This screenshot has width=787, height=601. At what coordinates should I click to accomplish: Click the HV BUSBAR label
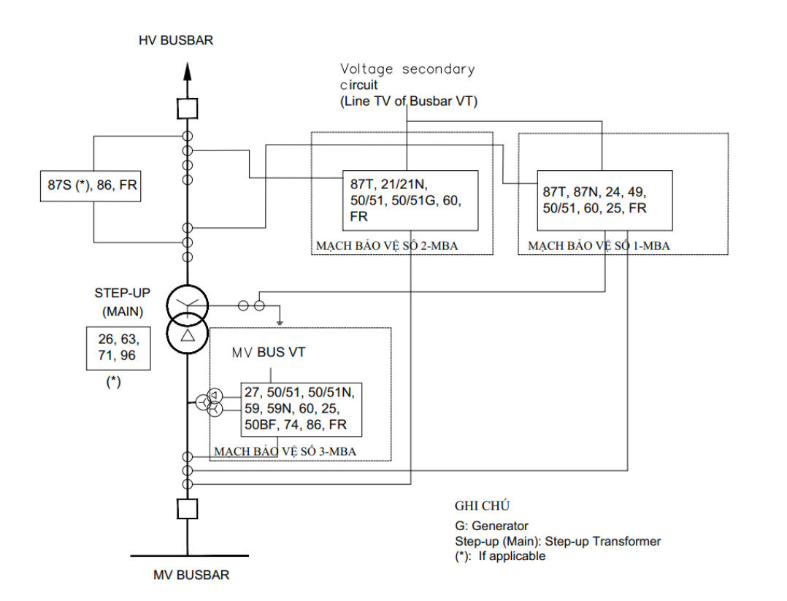click(176, 40)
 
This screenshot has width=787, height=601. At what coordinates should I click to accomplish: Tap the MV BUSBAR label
click(191, 575)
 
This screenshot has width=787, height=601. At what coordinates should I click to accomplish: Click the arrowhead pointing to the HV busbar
click(187, 72)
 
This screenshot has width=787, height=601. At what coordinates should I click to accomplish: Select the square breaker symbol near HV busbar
click(187, 109)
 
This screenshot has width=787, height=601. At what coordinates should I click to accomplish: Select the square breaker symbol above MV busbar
click(187, 508)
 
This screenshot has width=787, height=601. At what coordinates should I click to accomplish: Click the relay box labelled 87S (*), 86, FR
click(91, 186)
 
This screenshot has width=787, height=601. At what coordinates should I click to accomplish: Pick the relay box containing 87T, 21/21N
click(410, 201)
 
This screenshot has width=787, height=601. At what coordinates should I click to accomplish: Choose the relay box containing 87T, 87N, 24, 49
click(604, 201)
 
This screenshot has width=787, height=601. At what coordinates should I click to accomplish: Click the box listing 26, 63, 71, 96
click(118, 348)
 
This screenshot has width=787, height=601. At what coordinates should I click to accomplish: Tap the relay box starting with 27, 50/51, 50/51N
click(301, 410)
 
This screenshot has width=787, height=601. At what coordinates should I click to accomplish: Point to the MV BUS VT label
click(269, 353)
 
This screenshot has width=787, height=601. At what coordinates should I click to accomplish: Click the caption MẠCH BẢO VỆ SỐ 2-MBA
click(387, 246)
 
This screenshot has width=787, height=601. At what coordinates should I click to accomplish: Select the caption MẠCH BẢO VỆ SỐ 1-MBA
click(599, 246)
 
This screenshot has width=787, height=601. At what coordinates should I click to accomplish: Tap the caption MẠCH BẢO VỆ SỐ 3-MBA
click(285, 451)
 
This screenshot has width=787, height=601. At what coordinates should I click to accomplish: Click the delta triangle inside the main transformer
click(187, 335)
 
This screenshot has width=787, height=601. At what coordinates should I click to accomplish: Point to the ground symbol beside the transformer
click(280, 322)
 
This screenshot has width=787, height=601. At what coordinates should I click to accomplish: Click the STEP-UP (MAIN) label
click(123, 302)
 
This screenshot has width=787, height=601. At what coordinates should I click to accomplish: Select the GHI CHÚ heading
click(482, 505)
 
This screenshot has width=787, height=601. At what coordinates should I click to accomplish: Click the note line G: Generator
click(491, 526)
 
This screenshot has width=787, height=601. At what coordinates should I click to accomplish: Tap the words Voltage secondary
click(407, 69)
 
